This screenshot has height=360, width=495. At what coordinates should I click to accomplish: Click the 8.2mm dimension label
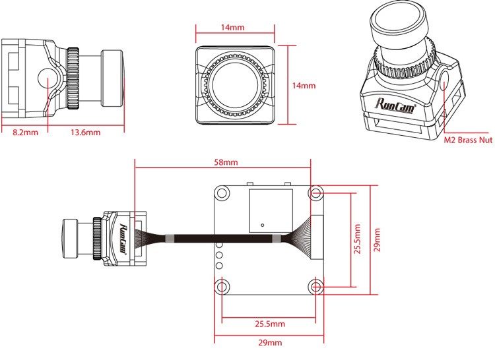point(25,133)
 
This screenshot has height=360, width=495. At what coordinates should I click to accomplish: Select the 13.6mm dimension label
point(85,133)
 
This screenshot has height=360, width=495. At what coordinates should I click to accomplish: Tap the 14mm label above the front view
point(232,28)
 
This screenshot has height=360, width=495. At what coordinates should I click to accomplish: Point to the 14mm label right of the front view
point(304,86)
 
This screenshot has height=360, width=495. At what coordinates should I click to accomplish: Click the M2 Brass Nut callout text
point(468,140)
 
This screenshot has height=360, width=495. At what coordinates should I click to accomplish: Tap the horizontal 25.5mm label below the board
point(269,324)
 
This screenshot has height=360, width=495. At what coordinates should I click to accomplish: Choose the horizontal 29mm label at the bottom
point(269,343)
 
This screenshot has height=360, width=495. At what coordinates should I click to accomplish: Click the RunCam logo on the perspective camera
point(395,104)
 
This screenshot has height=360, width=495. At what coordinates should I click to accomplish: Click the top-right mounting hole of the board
point(316,193)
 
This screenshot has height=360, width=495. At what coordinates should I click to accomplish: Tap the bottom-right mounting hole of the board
point(316,286)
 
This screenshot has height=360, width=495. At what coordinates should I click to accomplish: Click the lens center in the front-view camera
point(236,84)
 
